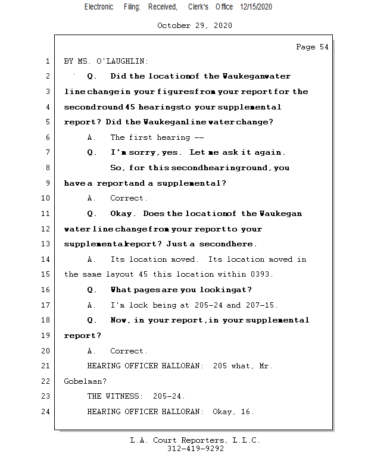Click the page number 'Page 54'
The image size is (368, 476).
tap(312, 47)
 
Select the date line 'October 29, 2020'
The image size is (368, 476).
tap(194, 26)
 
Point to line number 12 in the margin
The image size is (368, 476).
tap(46, 229)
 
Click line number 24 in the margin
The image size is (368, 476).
tap(46, 412)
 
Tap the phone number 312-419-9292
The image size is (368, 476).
tap(195, 449)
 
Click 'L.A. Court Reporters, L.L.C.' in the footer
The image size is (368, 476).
tap(195, 440)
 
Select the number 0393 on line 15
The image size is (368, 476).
tap(264, 274)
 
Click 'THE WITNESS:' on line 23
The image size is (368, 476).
tap(115, 396)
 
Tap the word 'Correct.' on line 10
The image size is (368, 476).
tap(129, 198)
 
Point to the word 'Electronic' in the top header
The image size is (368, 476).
tap(99, 7)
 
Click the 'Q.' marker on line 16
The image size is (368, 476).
tap(92, 290)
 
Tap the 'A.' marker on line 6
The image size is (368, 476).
tap(92, 137)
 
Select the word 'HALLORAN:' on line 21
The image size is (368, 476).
tap(185, 366)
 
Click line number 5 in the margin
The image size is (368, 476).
tap(46, 122)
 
